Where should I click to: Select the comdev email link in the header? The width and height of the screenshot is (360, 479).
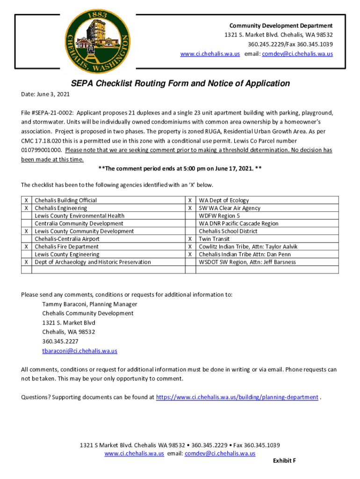pyautogui.click(x=297, y=54)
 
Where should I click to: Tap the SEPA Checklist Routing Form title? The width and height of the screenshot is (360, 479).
pyautogui.click(x=180, y=84)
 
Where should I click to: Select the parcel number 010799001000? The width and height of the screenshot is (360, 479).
pyautogui.click(x=41, y=150)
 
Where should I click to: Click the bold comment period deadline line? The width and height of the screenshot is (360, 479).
pyautogui.click(x=180, y=169)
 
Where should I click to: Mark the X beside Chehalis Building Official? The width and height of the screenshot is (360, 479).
pyautogui.click(x=26, y=201)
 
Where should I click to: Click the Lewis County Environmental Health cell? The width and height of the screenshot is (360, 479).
pyautogui.click(x=79, y=216)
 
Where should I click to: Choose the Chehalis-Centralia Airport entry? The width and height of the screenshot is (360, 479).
pyautogui.click(x=67, y=239)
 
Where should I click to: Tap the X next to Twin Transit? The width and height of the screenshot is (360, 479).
pyautogui.click(x=190, y=239)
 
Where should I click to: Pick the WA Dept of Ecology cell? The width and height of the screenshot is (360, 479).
pyautogui.click(x=224, y=201)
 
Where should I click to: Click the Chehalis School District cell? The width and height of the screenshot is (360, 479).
pyautogui.click(x=228, y=231)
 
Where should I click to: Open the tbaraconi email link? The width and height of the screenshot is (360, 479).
pyautogui.click(x=79, y=351)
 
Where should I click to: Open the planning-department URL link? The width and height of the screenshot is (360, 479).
pyautogui.click(x=237, y=397)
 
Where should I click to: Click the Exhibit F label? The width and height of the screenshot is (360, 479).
pyautogui.click(x=284, y=461)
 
